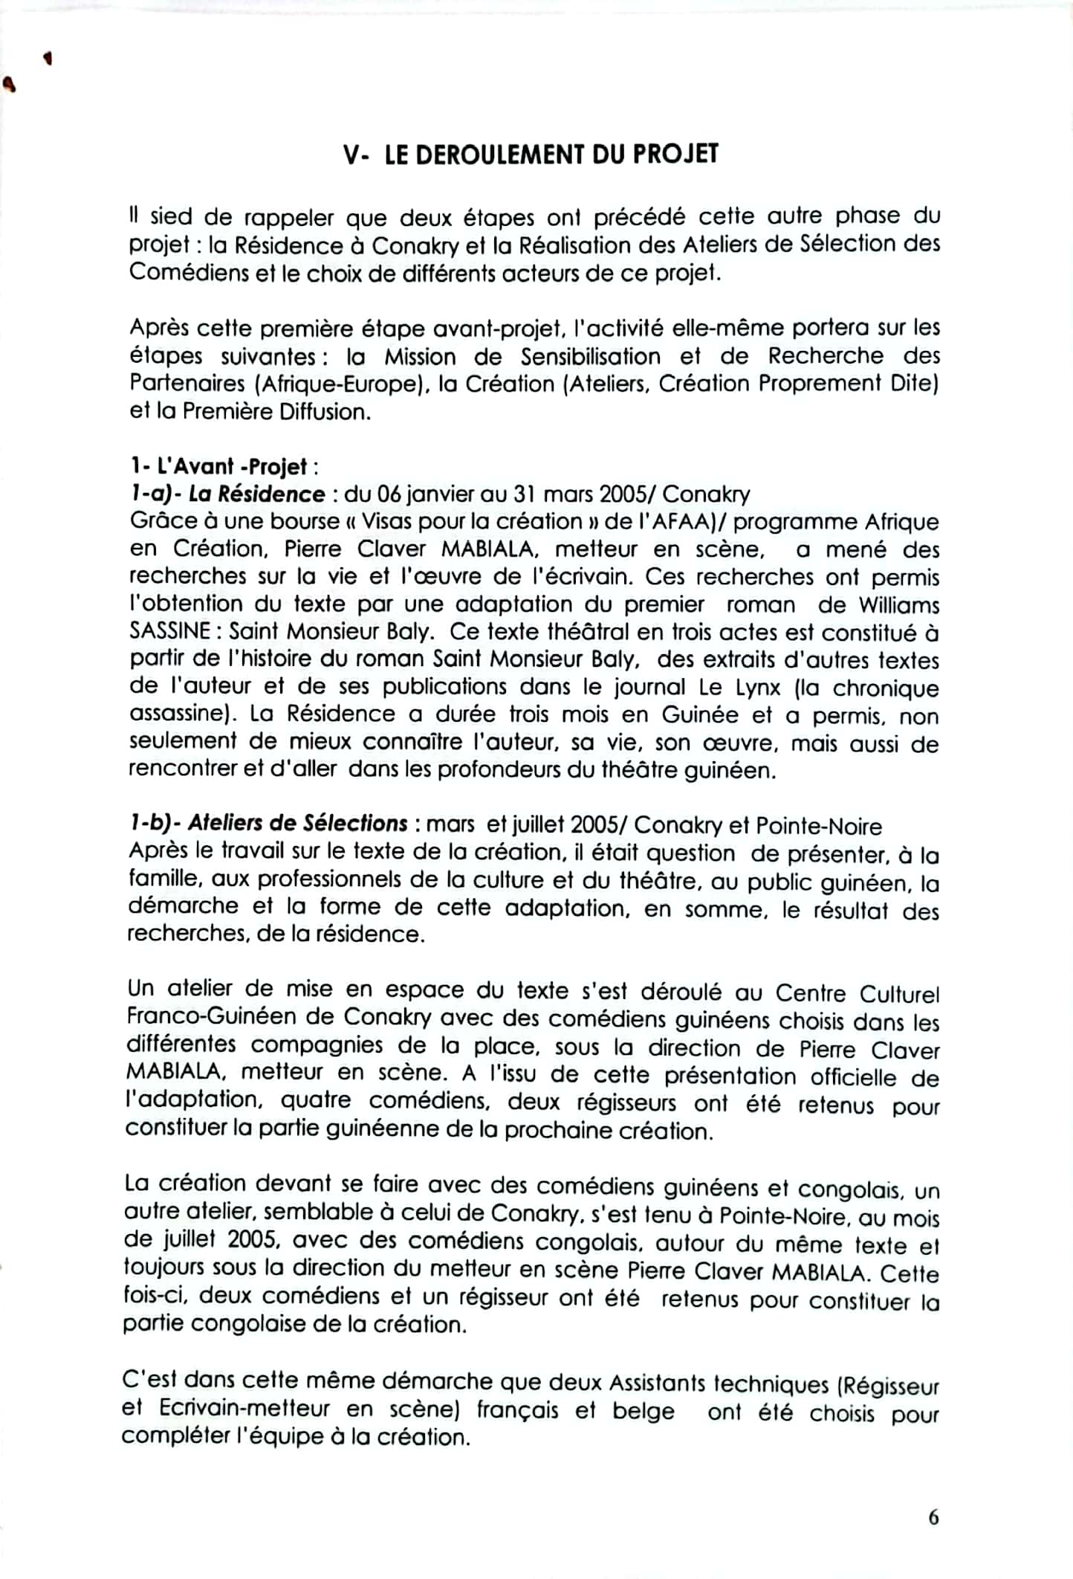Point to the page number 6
(933, 1517)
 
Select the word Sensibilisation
(590, 357)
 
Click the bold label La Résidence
(256, 494)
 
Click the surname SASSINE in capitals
(170, 632)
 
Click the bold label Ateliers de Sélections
(297, 824)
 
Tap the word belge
(644, 1410)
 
